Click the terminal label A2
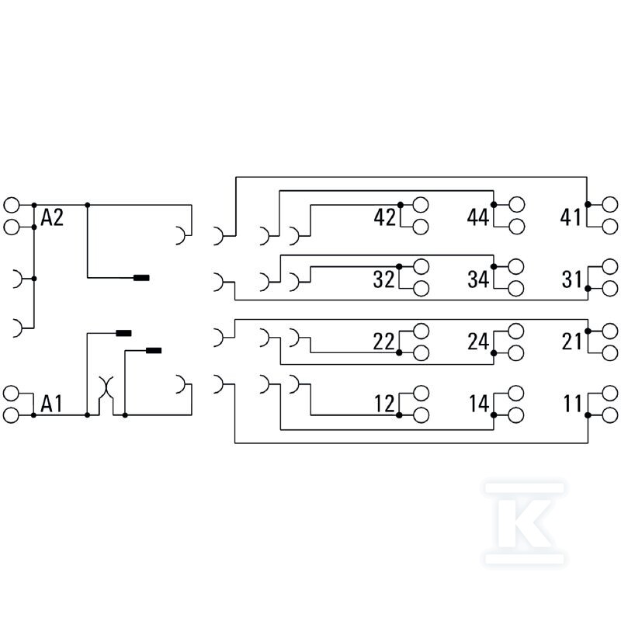[x=52, y=217]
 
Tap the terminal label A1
[x=51, y=404]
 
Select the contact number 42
[x=384, y=217]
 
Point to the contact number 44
[x=478, y=217]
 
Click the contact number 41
[x=571, y=217]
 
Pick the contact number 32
[x=383, y=279]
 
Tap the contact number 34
[x=478, y=279]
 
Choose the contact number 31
[x=572, y=279]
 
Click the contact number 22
[x=383, y=342]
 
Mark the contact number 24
[x=478, y=342]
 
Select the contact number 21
[x=572, y=342]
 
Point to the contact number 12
[x=384, y=404]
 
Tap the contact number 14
[x=479, y=404]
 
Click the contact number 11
[x=573, y=404]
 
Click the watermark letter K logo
[x=525, y=523]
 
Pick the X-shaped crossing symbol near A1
[x=106, y=388]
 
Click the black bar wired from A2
[x=141, y=278]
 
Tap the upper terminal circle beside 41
[x=609, y=204]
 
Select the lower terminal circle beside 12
[x=421, y=415]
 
